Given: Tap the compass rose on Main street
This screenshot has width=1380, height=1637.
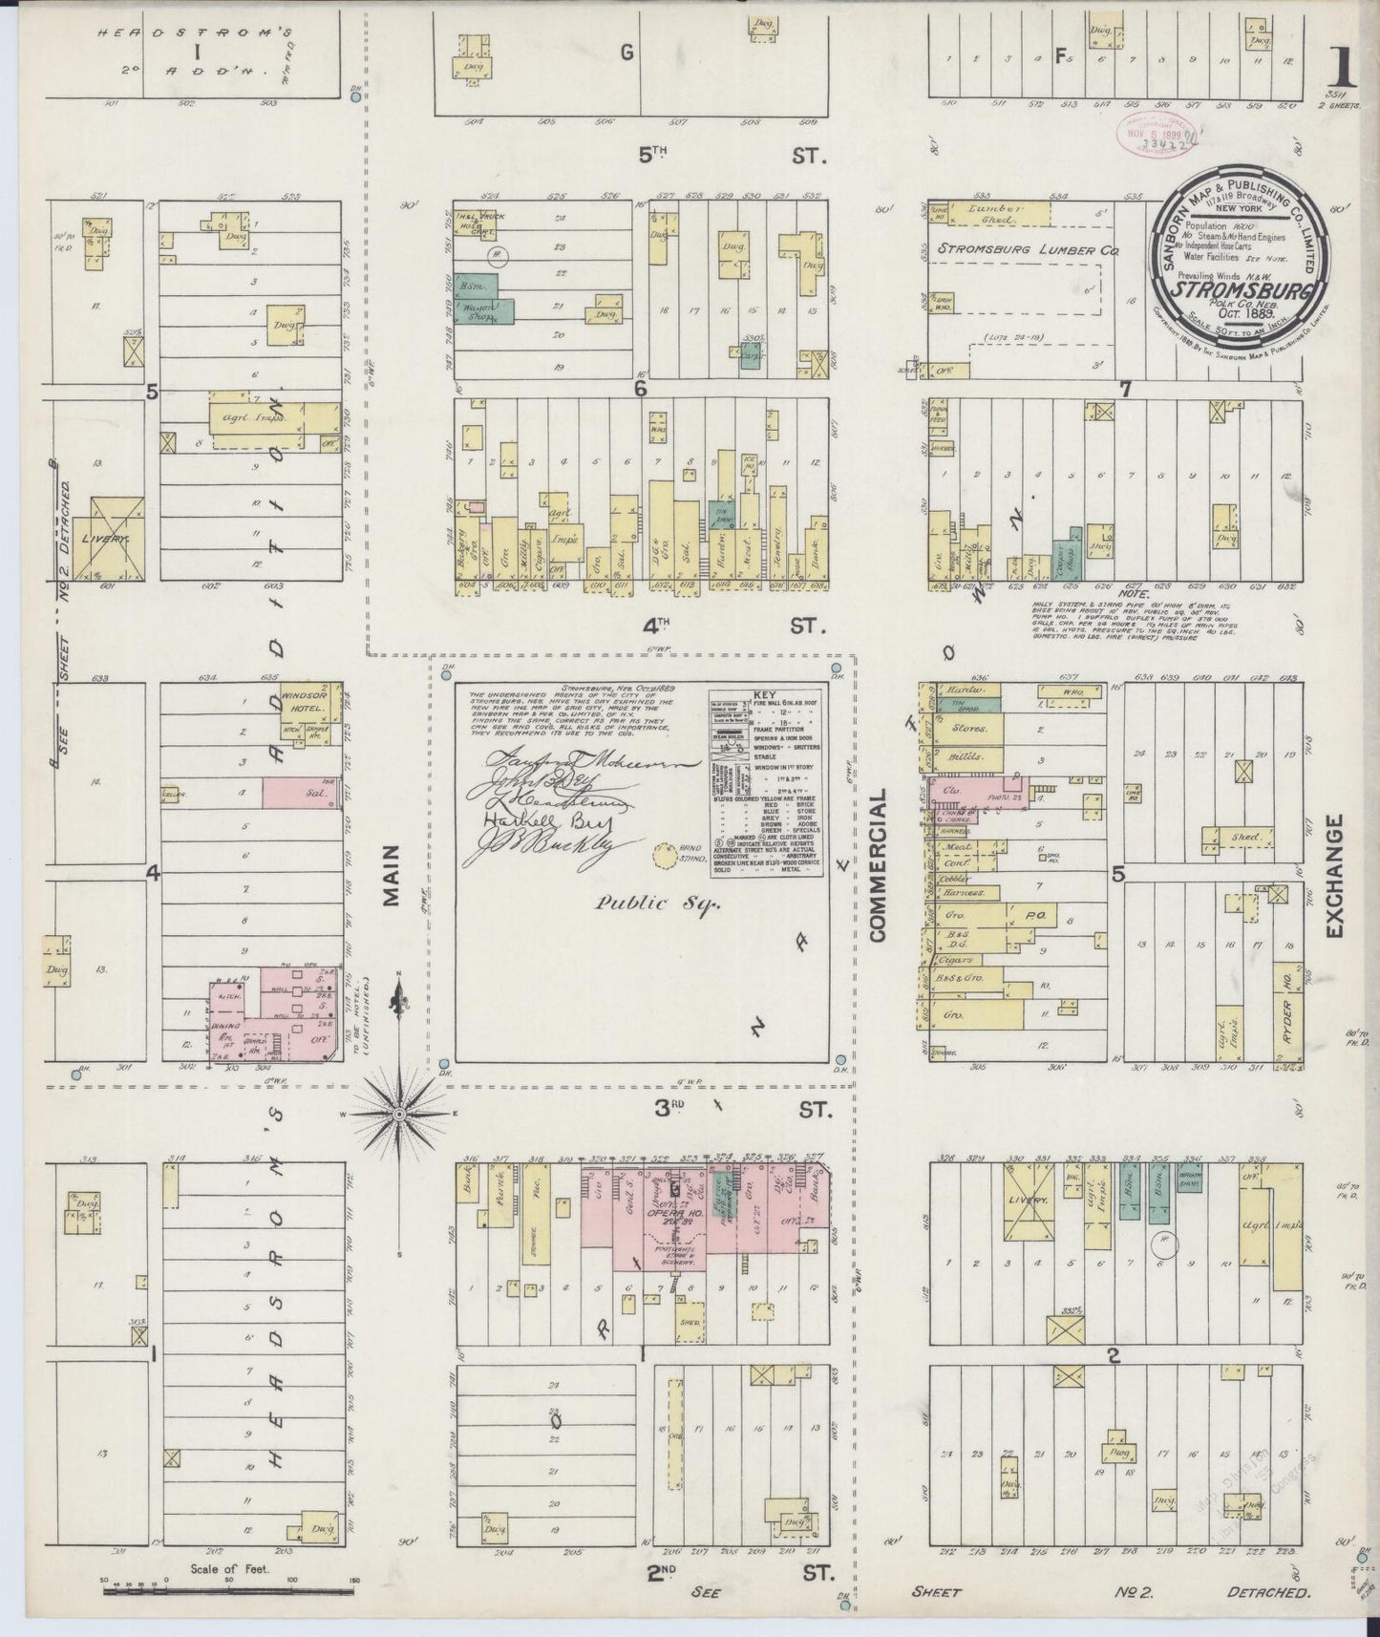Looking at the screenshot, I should coord(400,1114).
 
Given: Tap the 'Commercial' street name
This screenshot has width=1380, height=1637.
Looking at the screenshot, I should coord(879,865).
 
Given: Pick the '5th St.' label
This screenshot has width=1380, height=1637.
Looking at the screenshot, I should coord(726,155).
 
